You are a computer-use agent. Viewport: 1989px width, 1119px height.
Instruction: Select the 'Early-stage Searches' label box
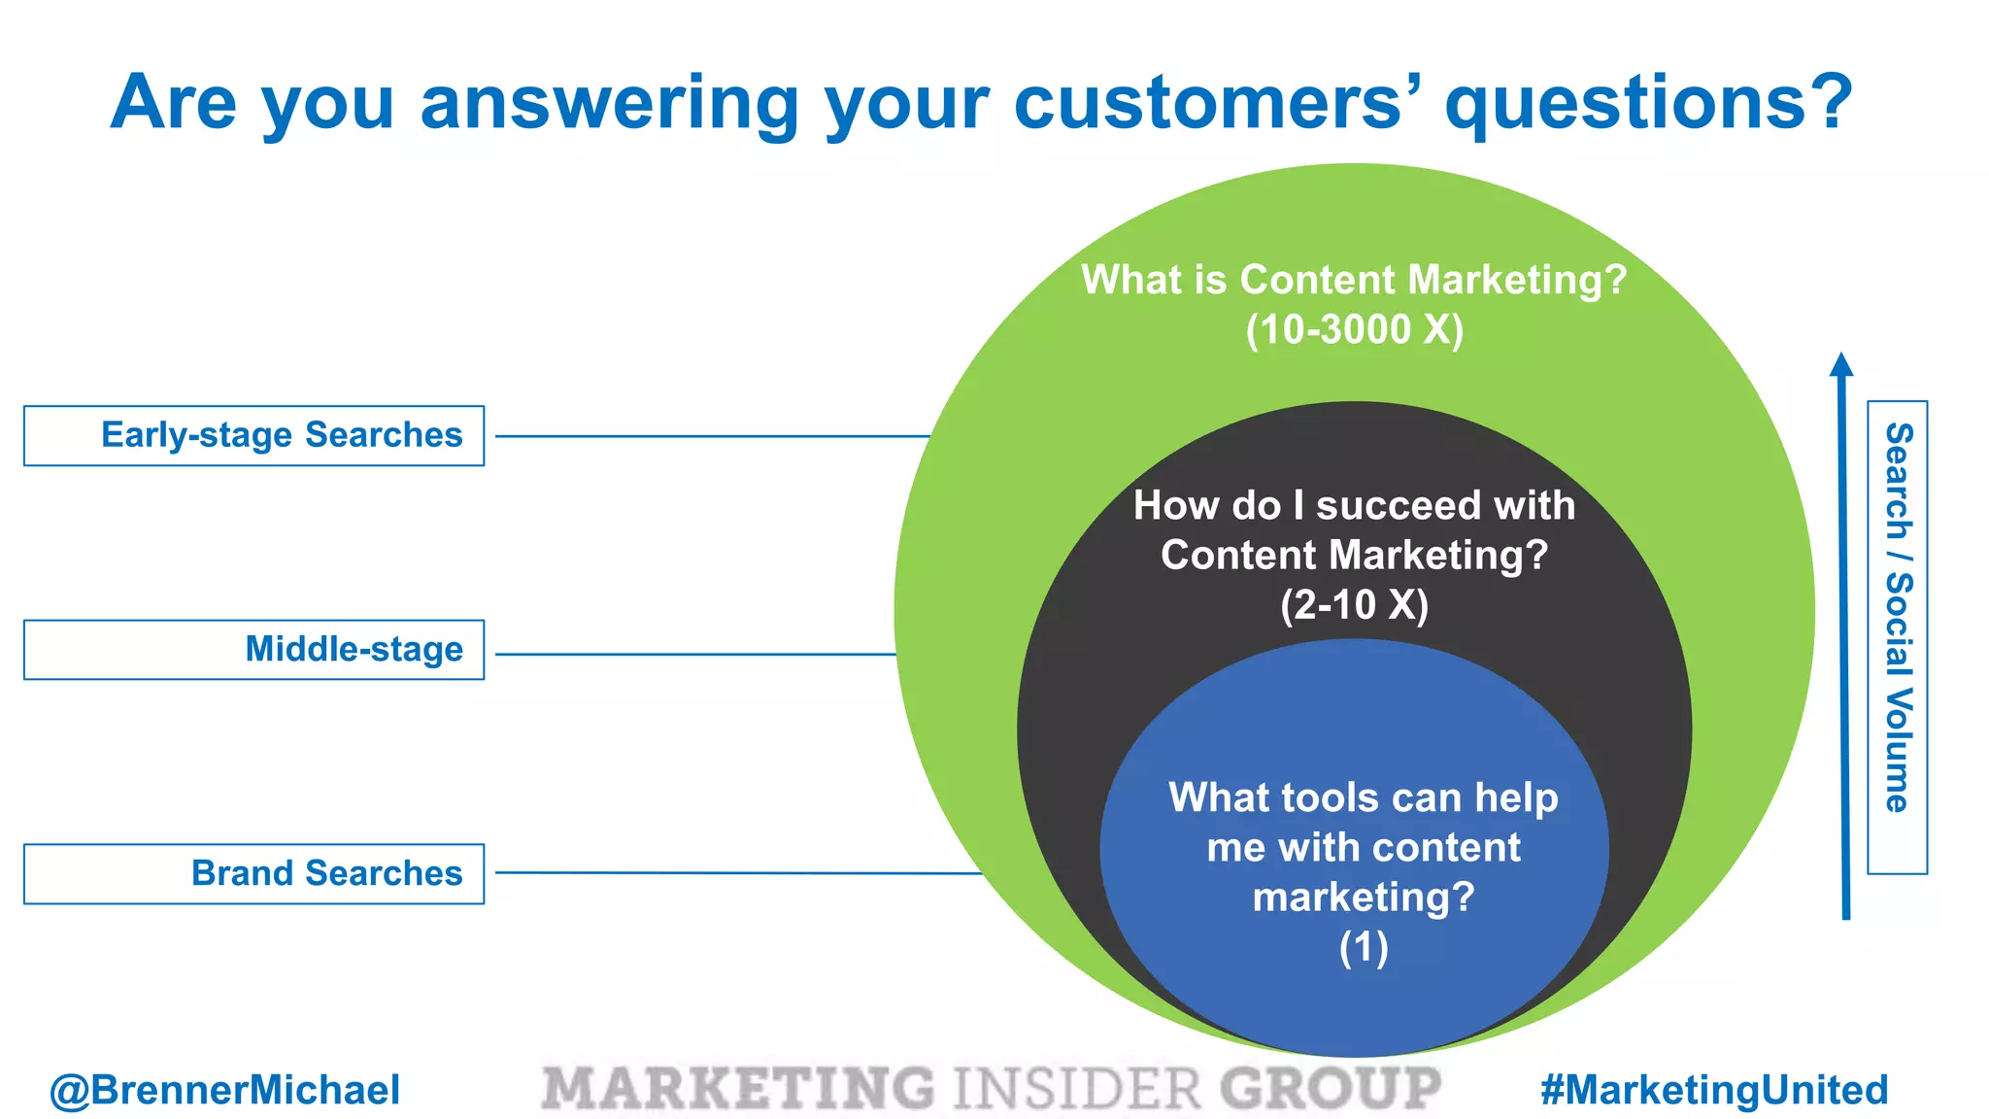254,435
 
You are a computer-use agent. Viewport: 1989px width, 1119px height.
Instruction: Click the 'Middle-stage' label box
254,650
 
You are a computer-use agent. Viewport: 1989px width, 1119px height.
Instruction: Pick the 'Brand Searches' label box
254,873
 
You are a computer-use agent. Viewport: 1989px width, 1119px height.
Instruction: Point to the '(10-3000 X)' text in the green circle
1355,330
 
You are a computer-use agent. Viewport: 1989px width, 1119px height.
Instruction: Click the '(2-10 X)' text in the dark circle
1355,605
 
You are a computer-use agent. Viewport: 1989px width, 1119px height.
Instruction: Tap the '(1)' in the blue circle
1364,947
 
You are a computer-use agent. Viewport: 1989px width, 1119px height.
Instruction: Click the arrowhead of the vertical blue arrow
1841,364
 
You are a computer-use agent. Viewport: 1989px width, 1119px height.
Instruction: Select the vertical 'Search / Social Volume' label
1898,618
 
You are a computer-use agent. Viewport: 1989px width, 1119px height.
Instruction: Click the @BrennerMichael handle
224,1090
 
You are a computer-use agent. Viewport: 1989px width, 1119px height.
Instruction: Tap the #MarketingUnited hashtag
1714,1090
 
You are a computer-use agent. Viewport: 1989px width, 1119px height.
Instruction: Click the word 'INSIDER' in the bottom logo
1077,1089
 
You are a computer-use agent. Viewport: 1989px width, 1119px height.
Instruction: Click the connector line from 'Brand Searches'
738,872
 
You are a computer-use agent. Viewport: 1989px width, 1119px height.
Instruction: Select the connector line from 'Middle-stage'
695,654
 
